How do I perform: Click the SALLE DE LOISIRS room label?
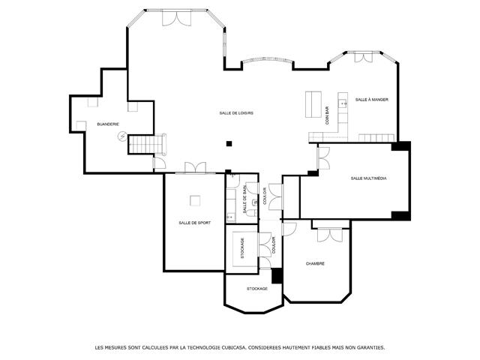(236, 113)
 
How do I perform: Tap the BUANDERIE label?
(108, 124)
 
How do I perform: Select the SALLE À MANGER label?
(372, 100)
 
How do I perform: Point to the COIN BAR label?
(327, 115)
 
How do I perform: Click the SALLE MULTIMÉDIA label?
(368, 178)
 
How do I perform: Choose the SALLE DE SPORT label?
(195, 223)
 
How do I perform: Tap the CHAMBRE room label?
(315, 263)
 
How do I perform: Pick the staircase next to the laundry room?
(147, 144)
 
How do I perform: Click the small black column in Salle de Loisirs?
(229, 143)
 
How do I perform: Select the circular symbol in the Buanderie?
(122, 136)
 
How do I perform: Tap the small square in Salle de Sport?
(195, 201)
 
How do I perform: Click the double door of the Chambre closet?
(330, 235)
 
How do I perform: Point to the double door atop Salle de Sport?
(195, 168)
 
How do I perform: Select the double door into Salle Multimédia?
(323, 158)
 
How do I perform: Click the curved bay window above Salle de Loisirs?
(267, 59)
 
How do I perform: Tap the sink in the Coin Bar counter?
(343, 103)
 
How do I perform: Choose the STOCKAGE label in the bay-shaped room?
(257, 289)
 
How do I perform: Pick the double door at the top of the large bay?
(177, 18)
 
